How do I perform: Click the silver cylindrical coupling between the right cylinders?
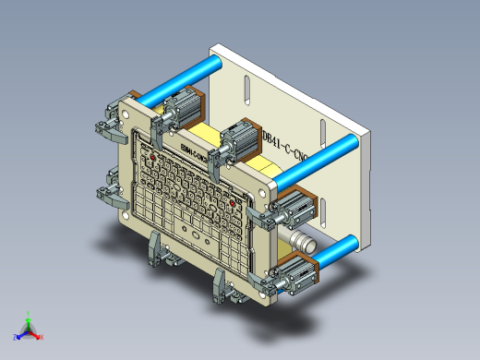301,242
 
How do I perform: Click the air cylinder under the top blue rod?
181,107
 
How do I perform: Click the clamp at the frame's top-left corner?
111,122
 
